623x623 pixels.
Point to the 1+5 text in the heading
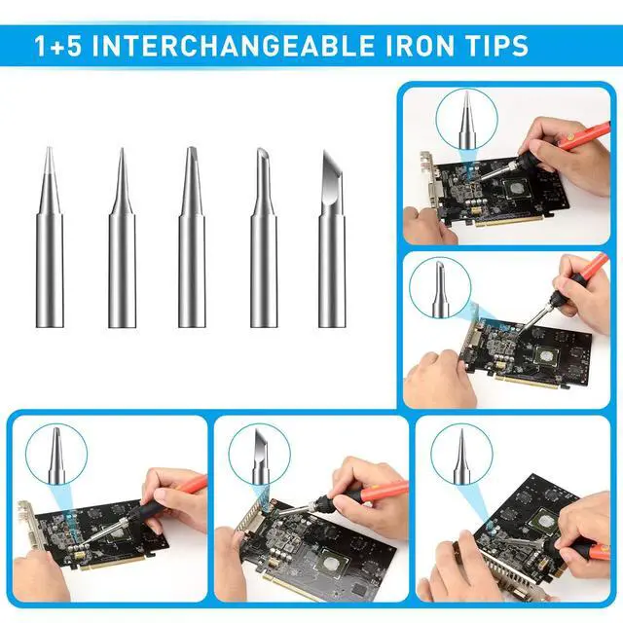point(61,45)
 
